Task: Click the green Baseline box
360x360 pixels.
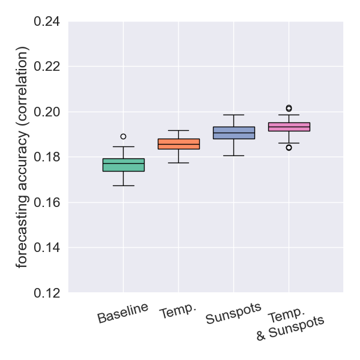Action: coord(123,165)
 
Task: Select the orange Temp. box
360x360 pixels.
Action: coord(178,144)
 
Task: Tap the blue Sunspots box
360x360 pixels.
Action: coord(233,133)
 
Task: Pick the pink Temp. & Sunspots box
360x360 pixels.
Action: coord(289,127)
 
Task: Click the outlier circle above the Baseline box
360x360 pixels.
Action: coord(123,136)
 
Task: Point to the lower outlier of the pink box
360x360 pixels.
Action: coord(289,148)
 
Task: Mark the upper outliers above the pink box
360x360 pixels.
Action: coord(289,109)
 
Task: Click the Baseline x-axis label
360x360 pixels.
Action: coord(122,314)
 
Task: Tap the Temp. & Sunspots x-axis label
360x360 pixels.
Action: coord(289,326)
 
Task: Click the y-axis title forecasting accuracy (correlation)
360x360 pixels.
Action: coord(22,157)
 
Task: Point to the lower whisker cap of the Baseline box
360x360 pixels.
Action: coord(123,185)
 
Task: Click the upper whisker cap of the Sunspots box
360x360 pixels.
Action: coord(233,115)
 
